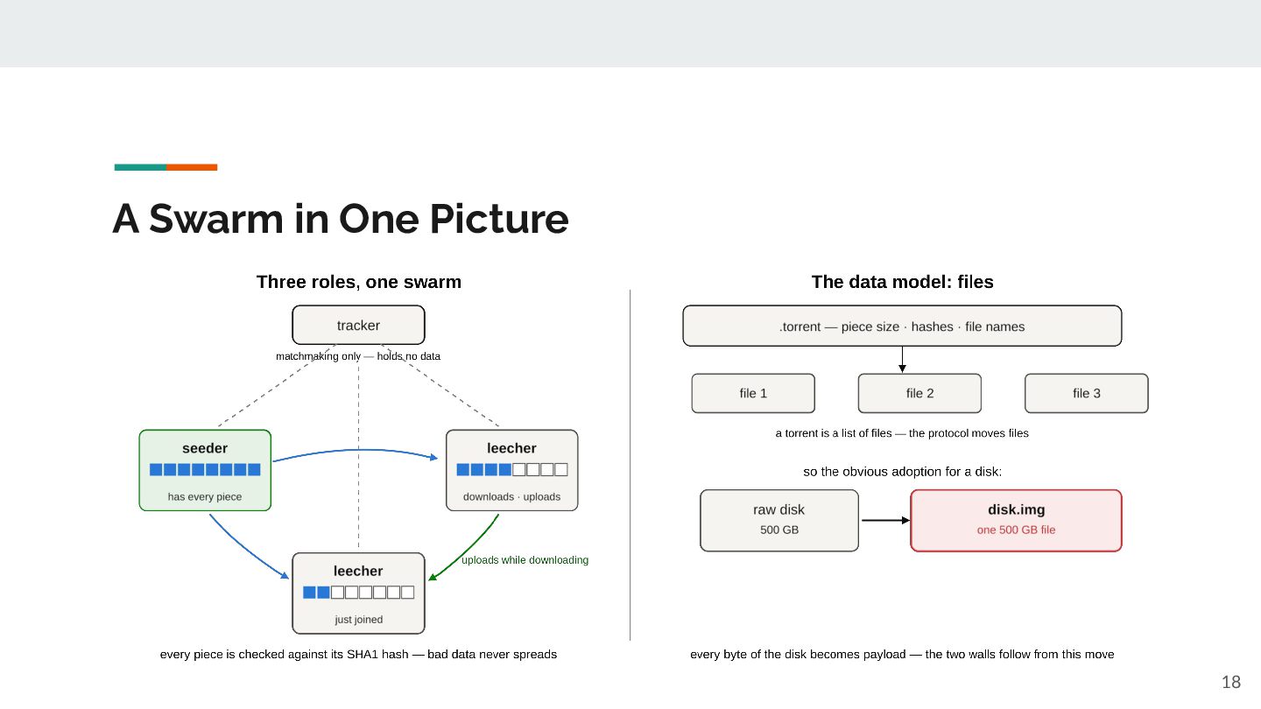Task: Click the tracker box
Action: (358, 325)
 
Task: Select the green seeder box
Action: (205, 470)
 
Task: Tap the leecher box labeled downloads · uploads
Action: (511, 470)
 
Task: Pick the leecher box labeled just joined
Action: (358, 593)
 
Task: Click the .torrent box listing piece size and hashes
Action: (902, 326)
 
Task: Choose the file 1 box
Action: (753, 393)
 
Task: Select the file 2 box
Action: (919, 393)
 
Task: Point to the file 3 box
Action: (1087, 393)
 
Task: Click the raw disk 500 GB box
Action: (779, 521)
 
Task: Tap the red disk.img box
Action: (1016, 521)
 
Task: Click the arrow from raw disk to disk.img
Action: (885, 521)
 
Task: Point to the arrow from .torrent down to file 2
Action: (902, 360)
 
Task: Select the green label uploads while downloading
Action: (525, 560)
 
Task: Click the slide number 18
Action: (1231, 682)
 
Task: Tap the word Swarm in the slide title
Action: (215, 218)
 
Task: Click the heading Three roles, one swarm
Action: (359, 282)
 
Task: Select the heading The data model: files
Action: (902, 282)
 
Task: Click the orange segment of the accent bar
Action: (192, 167)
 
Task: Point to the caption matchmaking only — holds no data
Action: (358, 356)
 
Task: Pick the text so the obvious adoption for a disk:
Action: (902, 472)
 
